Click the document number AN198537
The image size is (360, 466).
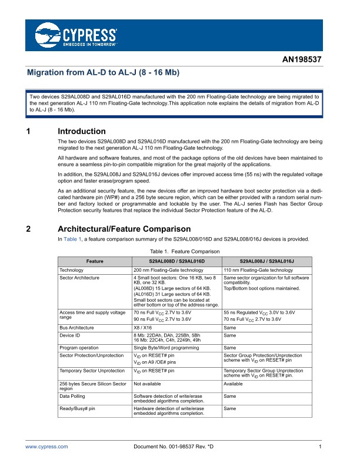[302, 61]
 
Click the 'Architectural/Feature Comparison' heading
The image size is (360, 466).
[124, 228]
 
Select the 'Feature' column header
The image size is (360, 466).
[95, 260]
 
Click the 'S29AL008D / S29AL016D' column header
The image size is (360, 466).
[176, 260]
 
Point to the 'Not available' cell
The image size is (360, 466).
[147, 384]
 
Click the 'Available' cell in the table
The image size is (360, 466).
[235, 384]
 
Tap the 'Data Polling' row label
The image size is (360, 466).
[74, 397]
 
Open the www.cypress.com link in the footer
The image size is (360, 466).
[46, 447]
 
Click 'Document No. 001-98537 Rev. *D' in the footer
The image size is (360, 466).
[175, 447]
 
